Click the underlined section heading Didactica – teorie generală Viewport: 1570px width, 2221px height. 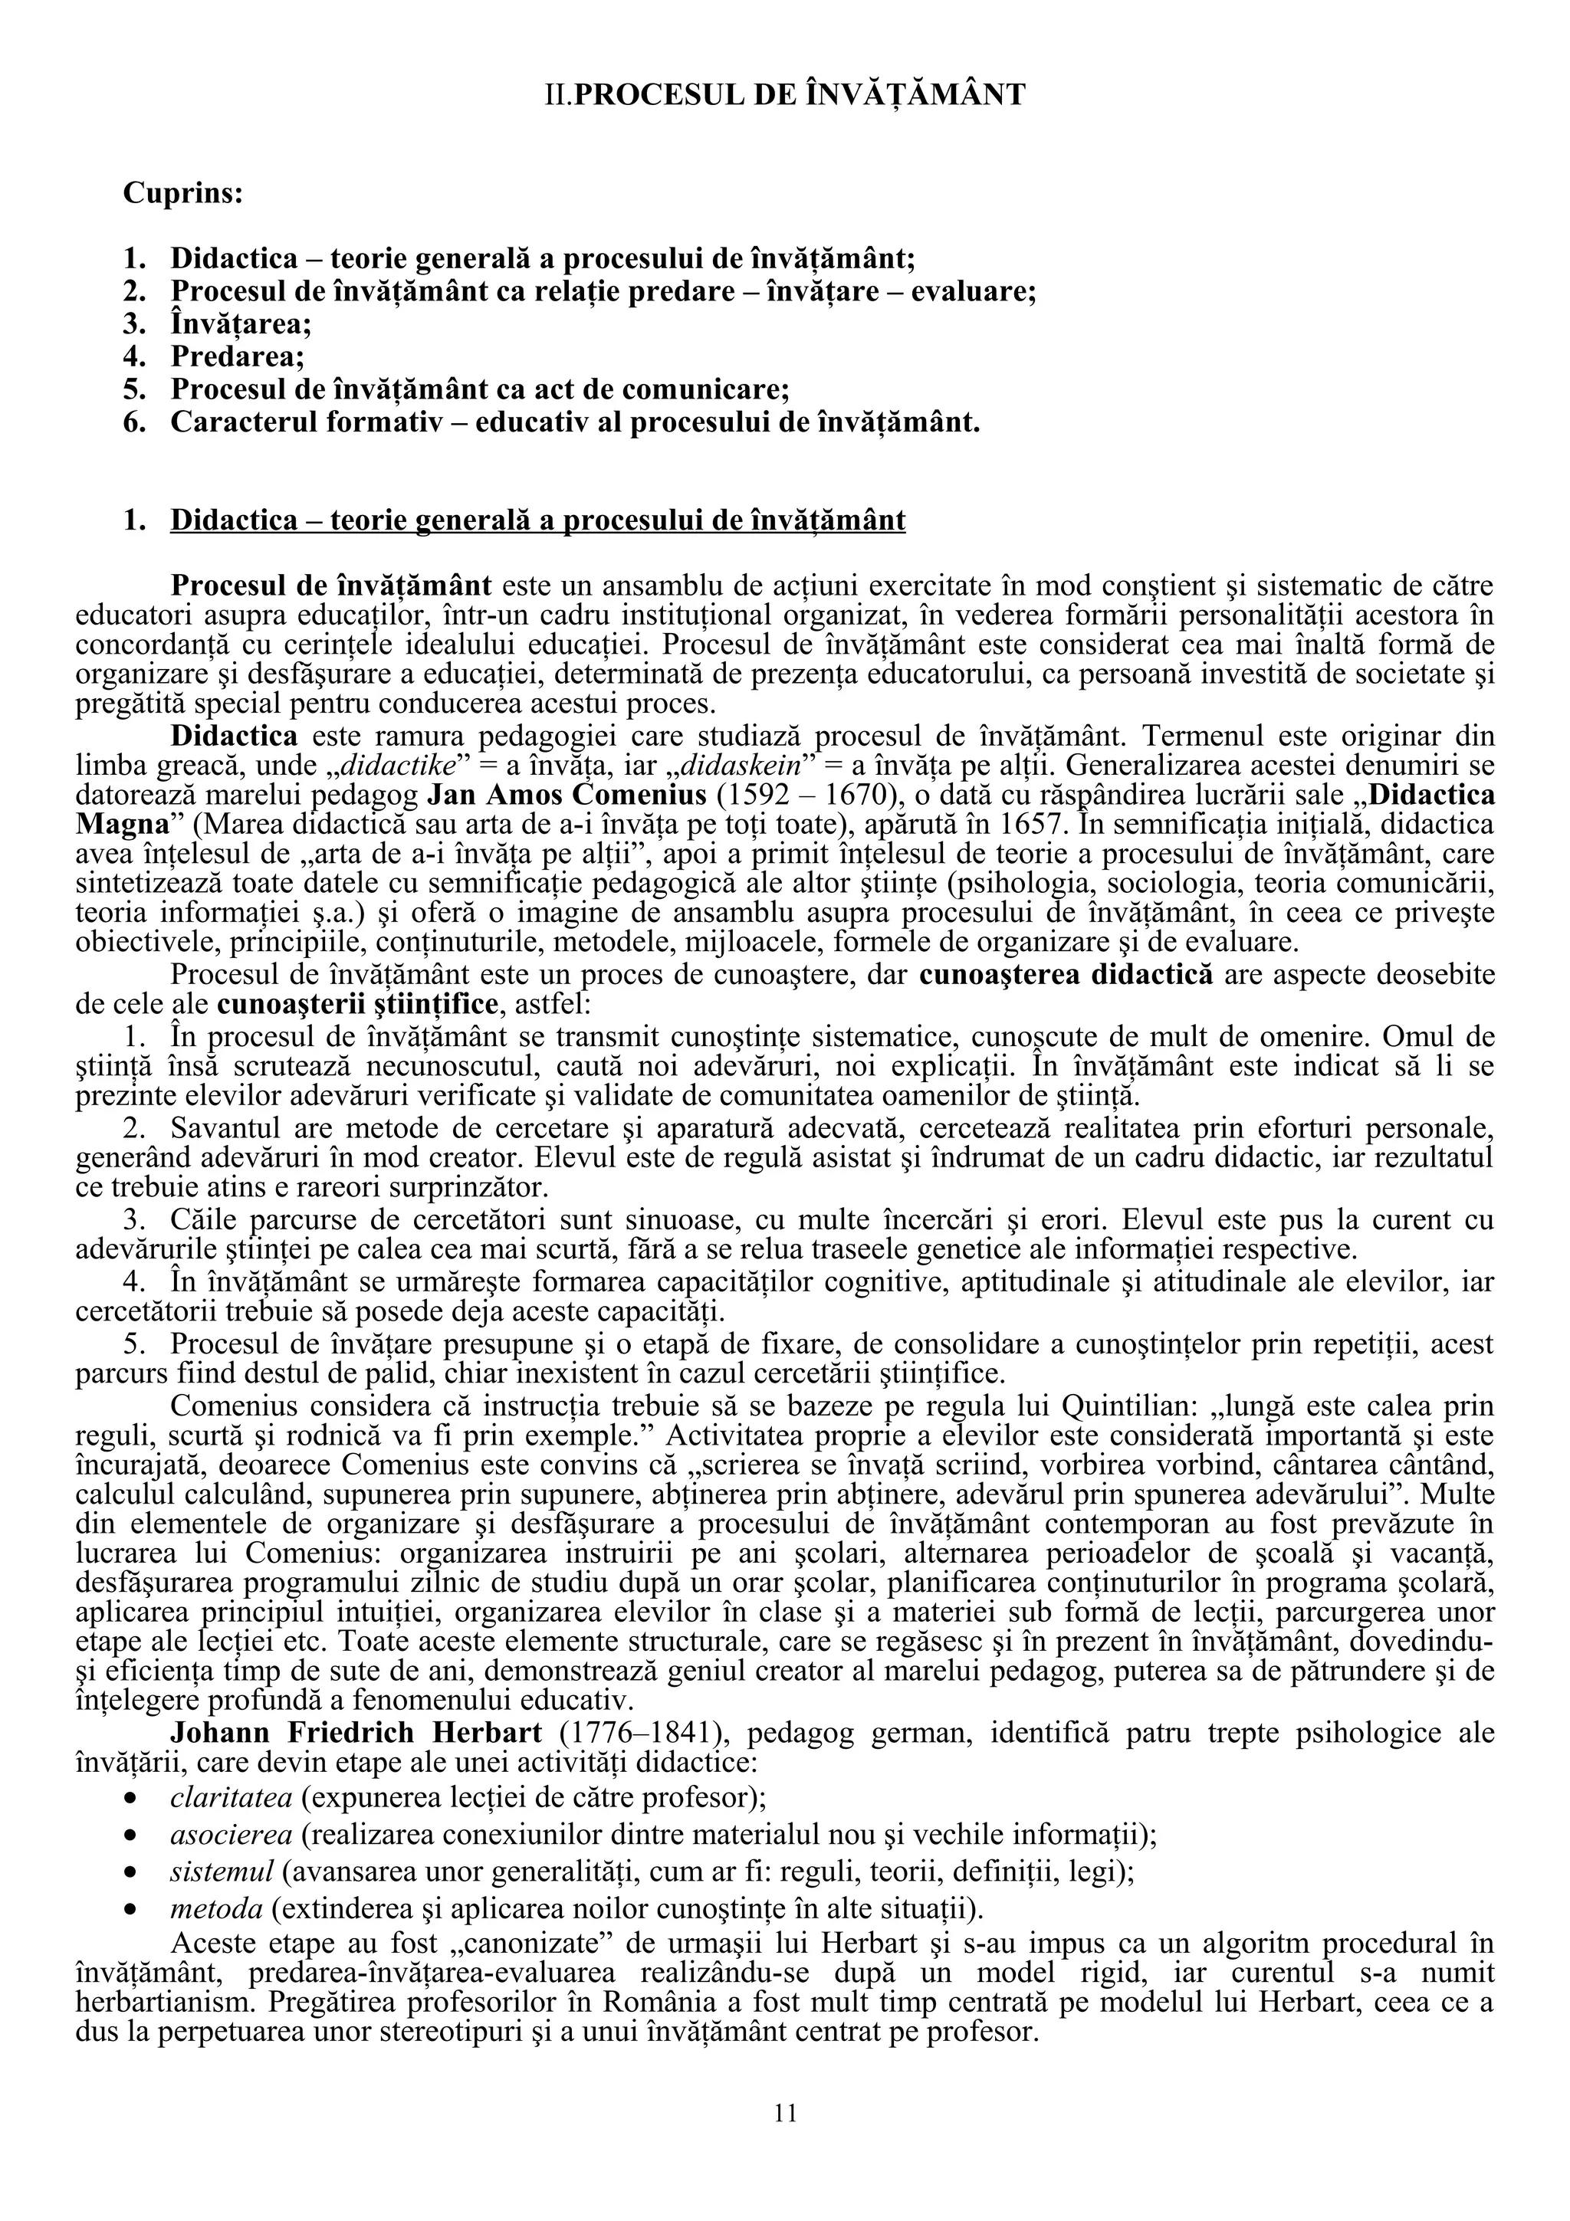[x=538, y=520]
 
